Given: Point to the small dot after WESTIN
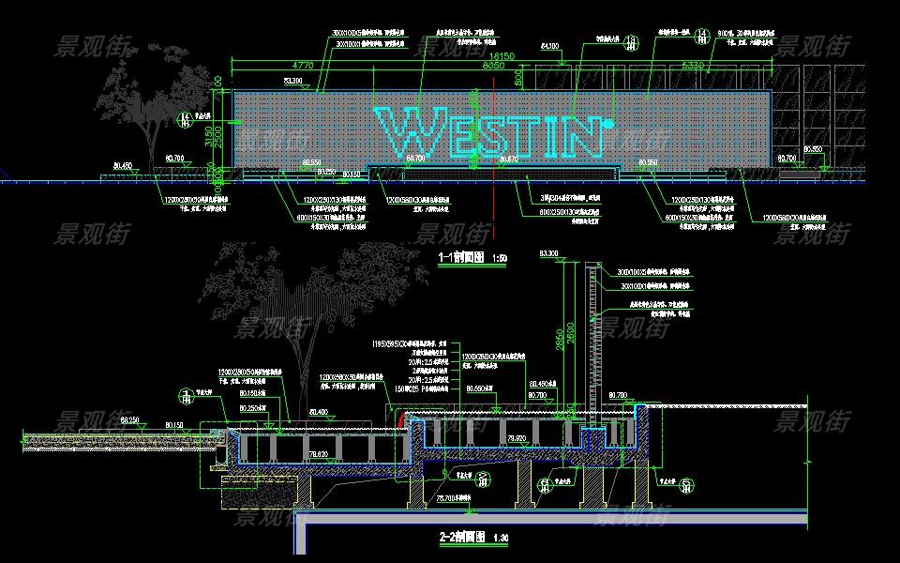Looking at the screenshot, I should click(x=609, y=121).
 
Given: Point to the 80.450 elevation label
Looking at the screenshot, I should click(x=122, y=166).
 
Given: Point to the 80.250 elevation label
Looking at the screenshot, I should click(x=129, y=419).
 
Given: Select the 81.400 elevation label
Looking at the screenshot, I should click(x=318, y=412).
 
